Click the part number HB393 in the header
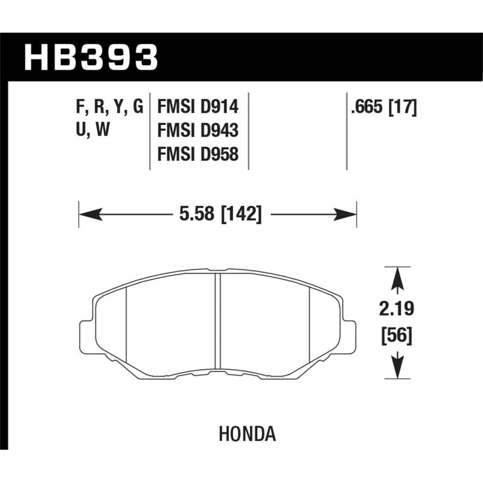pos(90,58)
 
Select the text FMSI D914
pos(198,107)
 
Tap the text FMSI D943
pos(198,132)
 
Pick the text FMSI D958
pos(198,156)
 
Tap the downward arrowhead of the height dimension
pos(397,367)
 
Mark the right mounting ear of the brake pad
pos(350,334)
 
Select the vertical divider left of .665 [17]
pos(347,132)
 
